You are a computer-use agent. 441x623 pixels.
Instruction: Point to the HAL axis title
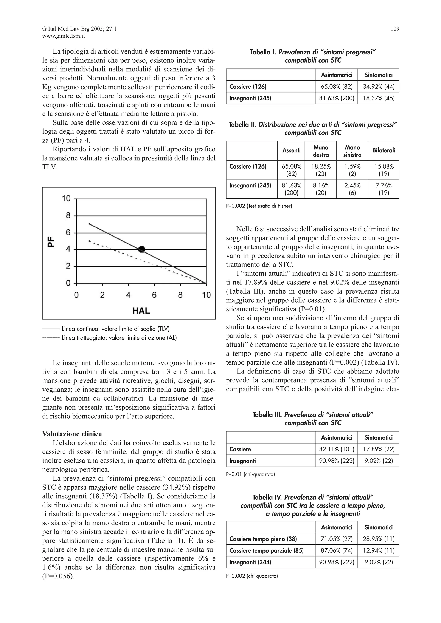141,310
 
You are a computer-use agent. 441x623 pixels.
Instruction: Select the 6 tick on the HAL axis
154,295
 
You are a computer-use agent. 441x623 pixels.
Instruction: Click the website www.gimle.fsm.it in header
64,36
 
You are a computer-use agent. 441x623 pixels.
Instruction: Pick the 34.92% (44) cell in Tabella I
378,87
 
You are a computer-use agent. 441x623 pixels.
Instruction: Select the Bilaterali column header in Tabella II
384,150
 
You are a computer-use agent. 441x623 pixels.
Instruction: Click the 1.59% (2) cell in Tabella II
352,170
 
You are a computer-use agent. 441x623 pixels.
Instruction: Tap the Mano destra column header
321,151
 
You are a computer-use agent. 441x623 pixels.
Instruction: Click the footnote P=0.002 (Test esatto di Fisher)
259,206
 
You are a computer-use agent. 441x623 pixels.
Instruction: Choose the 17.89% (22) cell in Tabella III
378,449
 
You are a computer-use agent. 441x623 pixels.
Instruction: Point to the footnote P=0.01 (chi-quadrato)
250,474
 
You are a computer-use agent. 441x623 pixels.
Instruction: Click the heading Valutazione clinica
72,434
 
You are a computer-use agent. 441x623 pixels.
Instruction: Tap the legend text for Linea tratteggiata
119,338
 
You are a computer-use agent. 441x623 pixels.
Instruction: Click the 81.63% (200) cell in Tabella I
336,98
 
